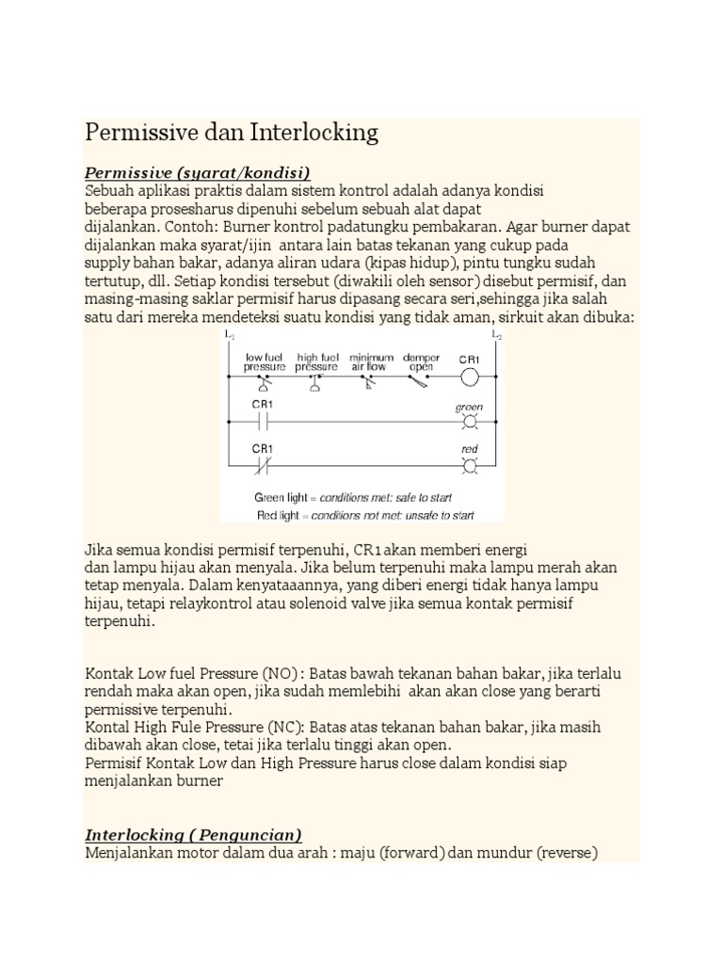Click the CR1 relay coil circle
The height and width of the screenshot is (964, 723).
pyautogui.click(x=468, y=378)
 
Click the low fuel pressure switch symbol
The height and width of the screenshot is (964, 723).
pyautogui.click(x=265, y=380)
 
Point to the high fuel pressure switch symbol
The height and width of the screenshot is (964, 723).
pyautogui.click(x=315, y=380)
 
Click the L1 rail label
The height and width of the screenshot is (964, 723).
pyautogui.click(x=229, y=335)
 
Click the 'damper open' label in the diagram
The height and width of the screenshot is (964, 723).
pyautogui.click(x=421, y=362)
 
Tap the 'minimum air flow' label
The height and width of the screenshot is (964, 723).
pyautogui.click(x=370, y=362)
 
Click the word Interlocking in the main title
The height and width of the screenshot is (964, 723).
pyautogui.click(x=314, y=133)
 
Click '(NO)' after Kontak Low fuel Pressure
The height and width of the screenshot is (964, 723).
pyautogui.click(x=283, y=675)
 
